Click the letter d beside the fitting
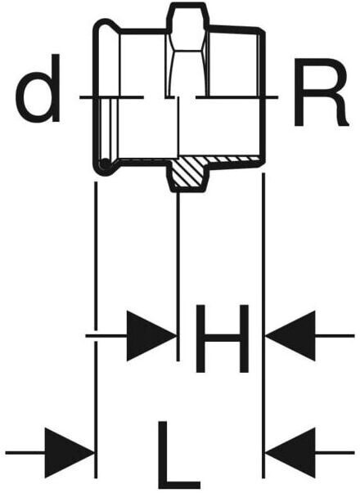pos(38,88)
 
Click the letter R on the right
pos(321,92)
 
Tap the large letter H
pos(223,338)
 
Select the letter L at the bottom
pos(178,455)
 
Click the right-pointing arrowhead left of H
pos(151,336)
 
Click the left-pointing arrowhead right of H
pos(290,336)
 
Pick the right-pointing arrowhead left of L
pos(70,453)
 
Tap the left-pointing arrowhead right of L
pos(290,453)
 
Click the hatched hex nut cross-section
pos(188,173)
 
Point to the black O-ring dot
pos(105,165)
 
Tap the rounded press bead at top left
pos(107,26)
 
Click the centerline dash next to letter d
pos(112,97)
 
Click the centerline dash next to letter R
pos(237,97)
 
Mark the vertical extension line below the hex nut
pos(178,276)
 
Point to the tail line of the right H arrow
pos(335,336)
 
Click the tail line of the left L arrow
pos(25,453)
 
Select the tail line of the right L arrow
pos(335,453)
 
